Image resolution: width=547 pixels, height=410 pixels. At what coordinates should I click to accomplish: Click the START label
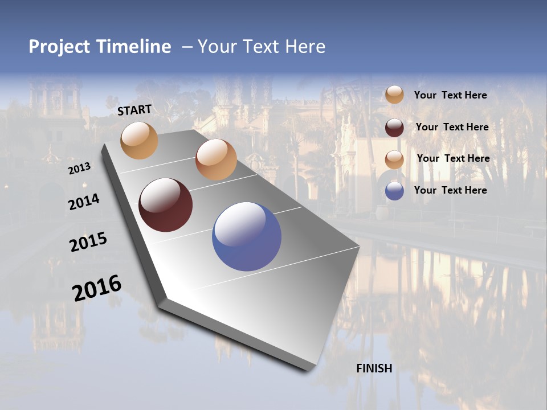134,110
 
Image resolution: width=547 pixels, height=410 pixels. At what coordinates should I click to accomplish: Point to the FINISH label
374,368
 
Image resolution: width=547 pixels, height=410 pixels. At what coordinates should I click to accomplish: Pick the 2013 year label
79,169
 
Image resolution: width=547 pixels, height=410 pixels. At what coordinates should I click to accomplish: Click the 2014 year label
84,202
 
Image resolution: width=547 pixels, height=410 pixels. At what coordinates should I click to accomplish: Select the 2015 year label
88,242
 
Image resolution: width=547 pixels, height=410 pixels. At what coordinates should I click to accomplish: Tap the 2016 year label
97,288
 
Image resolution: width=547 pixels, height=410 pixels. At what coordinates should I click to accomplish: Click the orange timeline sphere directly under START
140,140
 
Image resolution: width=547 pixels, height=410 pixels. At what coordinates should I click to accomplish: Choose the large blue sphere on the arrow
247,236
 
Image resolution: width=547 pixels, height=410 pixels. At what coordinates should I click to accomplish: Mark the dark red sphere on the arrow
166,205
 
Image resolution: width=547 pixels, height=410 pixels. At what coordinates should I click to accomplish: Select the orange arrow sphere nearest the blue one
216,159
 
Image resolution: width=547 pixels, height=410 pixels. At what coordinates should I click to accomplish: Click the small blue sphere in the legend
394,191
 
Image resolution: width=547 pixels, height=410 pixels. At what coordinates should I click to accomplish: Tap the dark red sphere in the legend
394,128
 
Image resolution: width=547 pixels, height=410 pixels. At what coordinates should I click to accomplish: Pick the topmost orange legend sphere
394,95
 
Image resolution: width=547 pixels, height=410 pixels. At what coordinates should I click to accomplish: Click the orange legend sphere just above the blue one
394,159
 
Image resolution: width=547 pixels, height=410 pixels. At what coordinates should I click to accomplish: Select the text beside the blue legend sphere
450,190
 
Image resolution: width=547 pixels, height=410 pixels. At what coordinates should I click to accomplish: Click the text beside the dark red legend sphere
452,127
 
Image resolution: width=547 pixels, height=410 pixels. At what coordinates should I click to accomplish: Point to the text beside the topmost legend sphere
450,95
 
